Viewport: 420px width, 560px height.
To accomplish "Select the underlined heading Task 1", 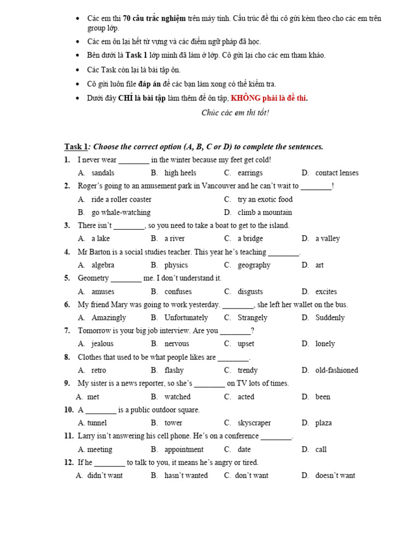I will (x=76, y=147).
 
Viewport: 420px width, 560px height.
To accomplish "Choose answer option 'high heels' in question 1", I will (x=180, y=173).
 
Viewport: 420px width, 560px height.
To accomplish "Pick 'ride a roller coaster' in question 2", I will (x=121, y=200).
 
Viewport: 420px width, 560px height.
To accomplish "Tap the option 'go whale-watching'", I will (x=121, y=213).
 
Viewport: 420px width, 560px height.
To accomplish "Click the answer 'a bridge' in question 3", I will (x=250, y=238).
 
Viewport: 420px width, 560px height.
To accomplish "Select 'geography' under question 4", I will (x=254, y=265).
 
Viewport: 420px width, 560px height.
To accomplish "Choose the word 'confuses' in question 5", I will (x=178, y=291).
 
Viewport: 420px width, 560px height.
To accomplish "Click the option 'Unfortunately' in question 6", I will (x=186, y=318).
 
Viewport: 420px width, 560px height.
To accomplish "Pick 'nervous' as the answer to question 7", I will (x=177, y=344).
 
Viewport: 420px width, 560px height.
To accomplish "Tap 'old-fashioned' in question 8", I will (x=336, y=370).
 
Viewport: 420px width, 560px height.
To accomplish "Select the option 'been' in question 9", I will (x=323, y=397).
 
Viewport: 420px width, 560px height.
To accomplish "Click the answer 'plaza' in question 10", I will (x=323, y=423).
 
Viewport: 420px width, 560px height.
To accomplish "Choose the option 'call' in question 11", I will (x=321, y=450).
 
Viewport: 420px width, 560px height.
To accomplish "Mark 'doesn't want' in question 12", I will (x=335, y=476).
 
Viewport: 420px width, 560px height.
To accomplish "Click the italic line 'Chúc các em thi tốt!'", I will (x=235, y=113).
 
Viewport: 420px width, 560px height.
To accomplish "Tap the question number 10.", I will (x=69, y=410).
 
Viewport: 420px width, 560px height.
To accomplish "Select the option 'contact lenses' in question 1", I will (x=337, y=173).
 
